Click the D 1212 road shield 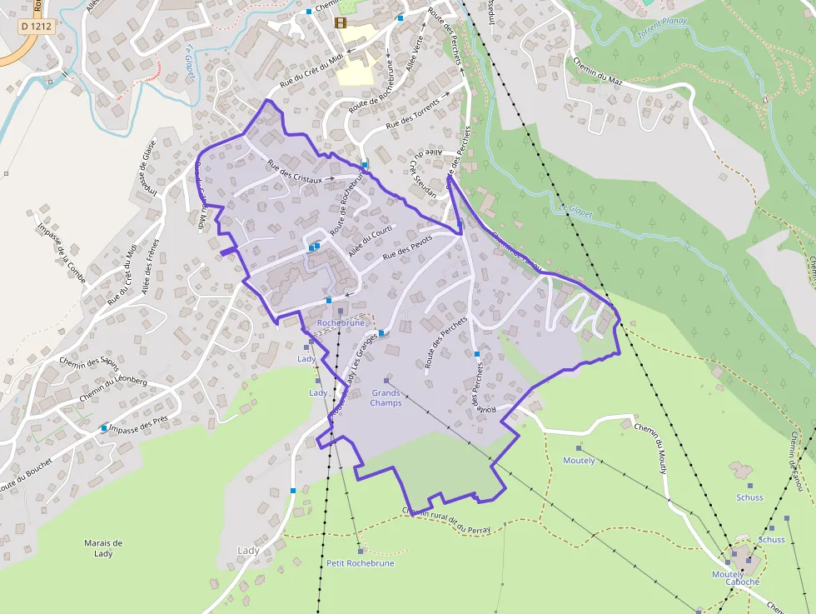(x=36, y=27)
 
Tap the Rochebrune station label (x=341, y=322)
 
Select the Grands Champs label (x=386, y=397)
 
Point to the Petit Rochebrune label (x=360, y=563)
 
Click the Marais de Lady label (x=103, y=547)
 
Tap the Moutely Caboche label (x=735, y=577)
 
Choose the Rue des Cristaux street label (x=296, y=169)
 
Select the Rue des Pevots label (x=407, y=248)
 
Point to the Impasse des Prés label (x=139, y=424)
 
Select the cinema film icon (x=340, y=22)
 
